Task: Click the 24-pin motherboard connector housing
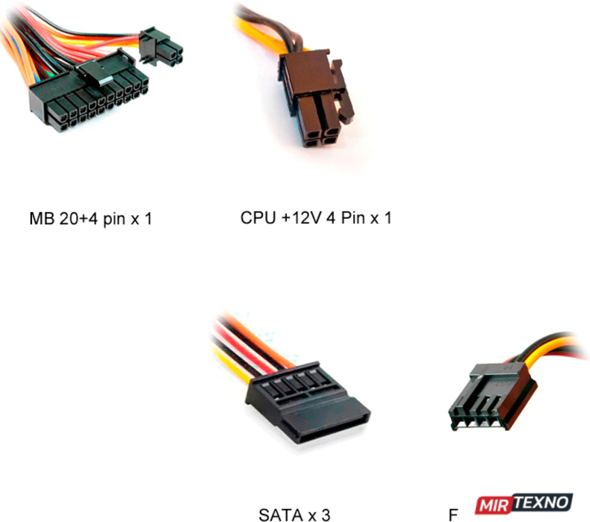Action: (x=88, y=94)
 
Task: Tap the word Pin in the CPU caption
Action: (x=353, y=218)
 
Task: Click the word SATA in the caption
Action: (x=281, y=514)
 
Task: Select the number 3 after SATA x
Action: (x=326, y=514)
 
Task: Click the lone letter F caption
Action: (x=453, y=514)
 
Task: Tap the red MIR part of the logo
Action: (x=493, y=505)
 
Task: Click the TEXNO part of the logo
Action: (x=542, y=503)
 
